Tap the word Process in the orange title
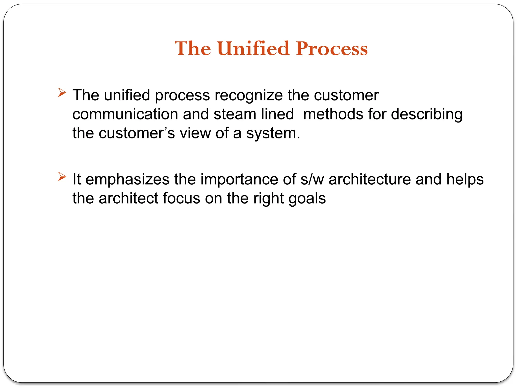pyautogui.click(x=332, y=48)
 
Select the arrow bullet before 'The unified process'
pyautogui.click(x=62, y=92)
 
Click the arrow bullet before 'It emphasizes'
pyautogui.click(x=62, y=177)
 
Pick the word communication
pyautogui.click(x=125, y=114)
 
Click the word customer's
pyautogui.click(x=137, y=133)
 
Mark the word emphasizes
pyautogui.click(x=127, y=179)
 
